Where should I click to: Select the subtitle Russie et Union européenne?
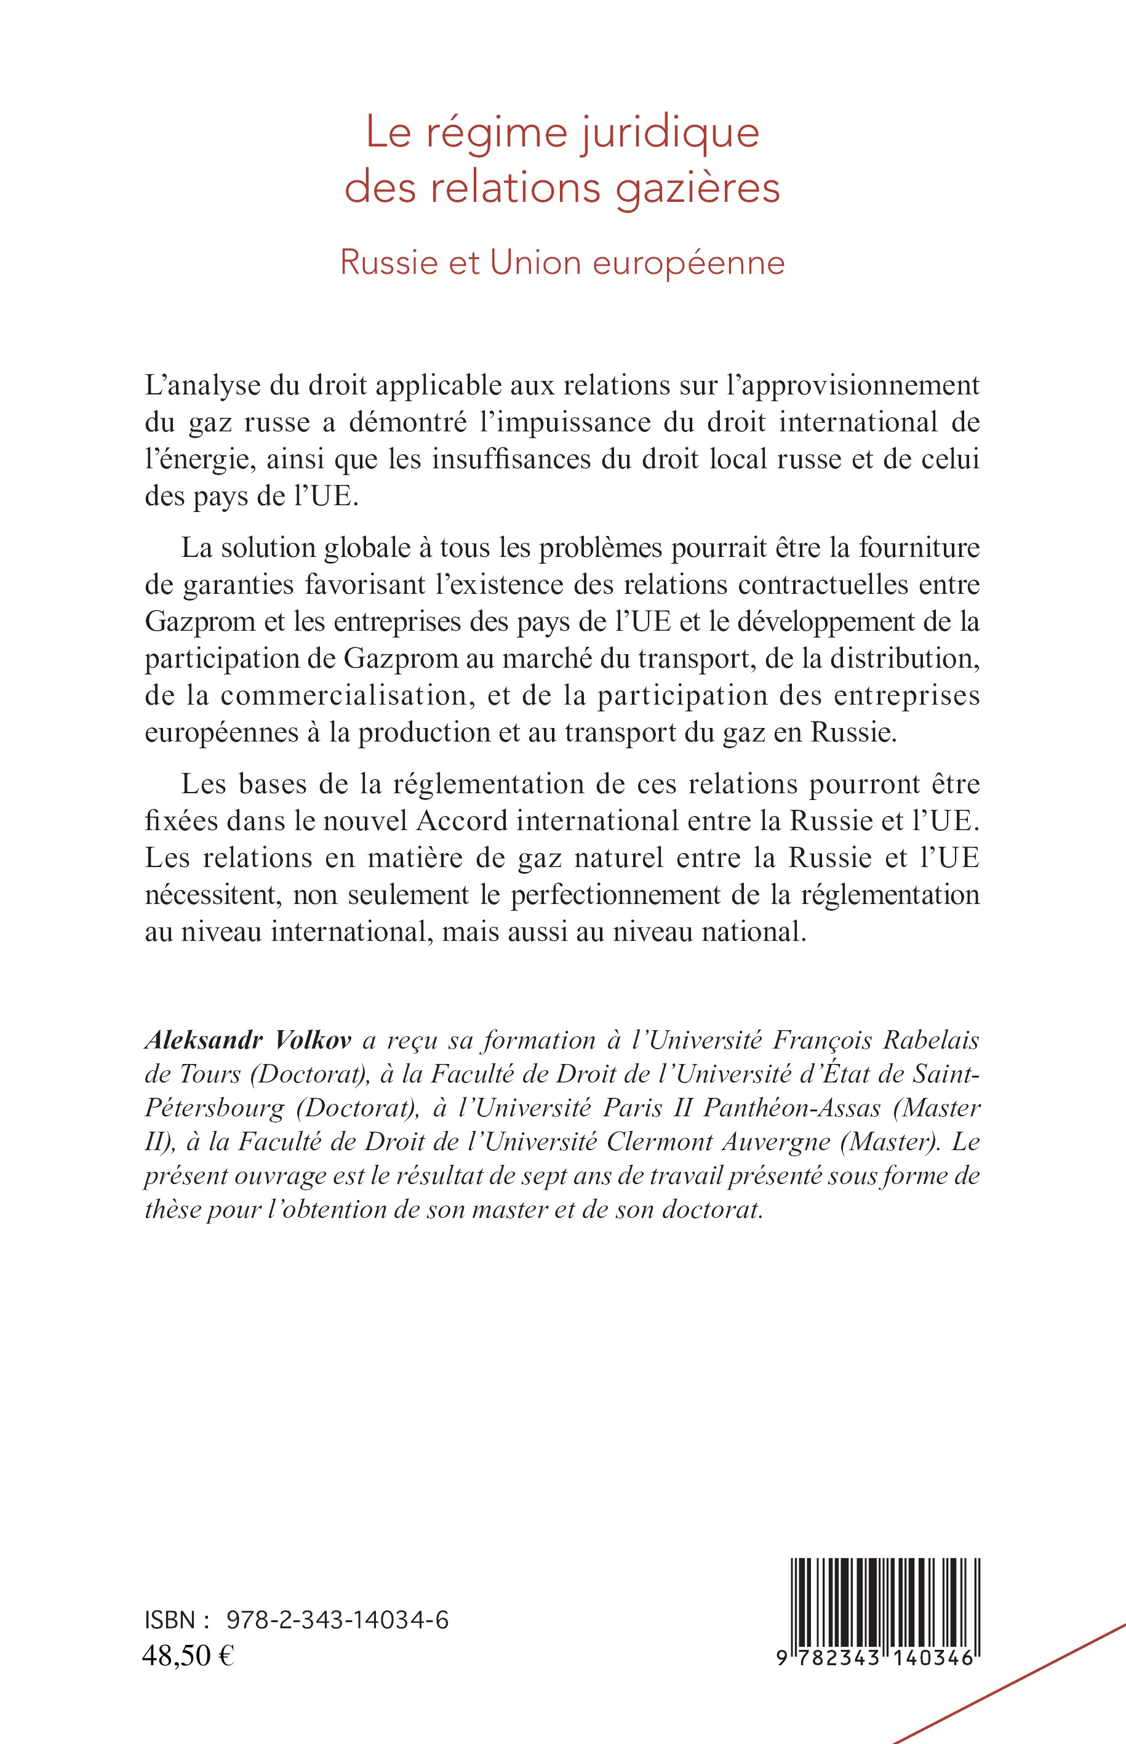(562, 264)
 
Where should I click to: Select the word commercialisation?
(335, 695)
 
